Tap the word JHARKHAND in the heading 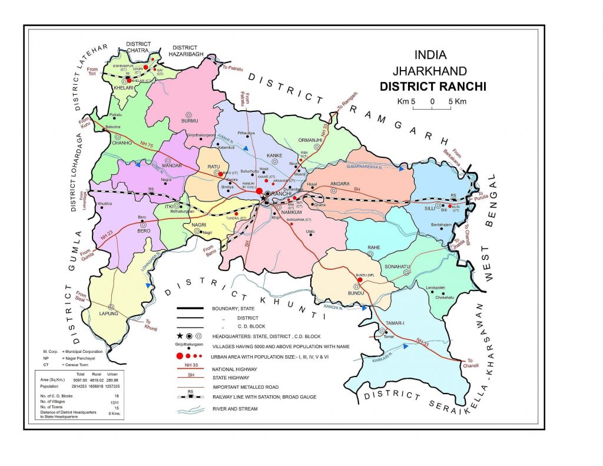pyautogui.click(x=430, y=71)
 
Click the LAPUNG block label pyautogui.click(x=110, y=314)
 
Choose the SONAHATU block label pyautogui.click(x=397, y=267)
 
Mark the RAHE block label pyautogui.click(x=373, y=247)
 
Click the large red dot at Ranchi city pyautogui.click(x=259, y=191)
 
